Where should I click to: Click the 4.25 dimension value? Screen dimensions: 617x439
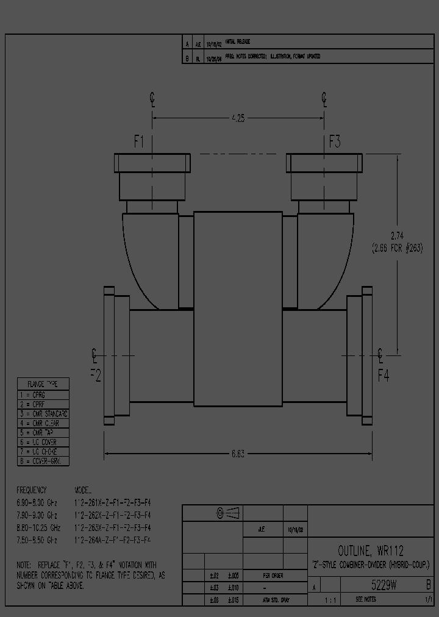pos(238,119)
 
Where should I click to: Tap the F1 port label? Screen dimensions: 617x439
pos(139,142)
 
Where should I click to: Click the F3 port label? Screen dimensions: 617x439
pos(335,142)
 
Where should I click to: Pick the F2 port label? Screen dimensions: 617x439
pos(96,375)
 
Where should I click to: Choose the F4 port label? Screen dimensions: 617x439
pos(383,375)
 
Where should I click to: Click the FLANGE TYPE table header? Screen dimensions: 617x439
pos(43,384)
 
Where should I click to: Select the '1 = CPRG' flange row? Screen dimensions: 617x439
pos(37,394)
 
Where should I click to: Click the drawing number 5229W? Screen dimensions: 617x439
pos(385,585)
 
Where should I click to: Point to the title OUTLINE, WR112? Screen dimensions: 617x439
pos(371,551)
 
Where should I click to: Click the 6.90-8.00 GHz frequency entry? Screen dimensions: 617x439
pos(37,502)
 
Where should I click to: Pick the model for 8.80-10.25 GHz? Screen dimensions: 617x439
pos(112,527)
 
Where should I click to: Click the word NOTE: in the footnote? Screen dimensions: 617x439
pos(27,565)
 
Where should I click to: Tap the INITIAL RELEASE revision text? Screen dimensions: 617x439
pos(238,42)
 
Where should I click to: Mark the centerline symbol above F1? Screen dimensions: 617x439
pos(152,99)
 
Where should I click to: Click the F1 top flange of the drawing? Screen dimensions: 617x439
pos(152,163)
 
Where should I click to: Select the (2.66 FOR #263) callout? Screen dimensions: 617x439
pos(397,248)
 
